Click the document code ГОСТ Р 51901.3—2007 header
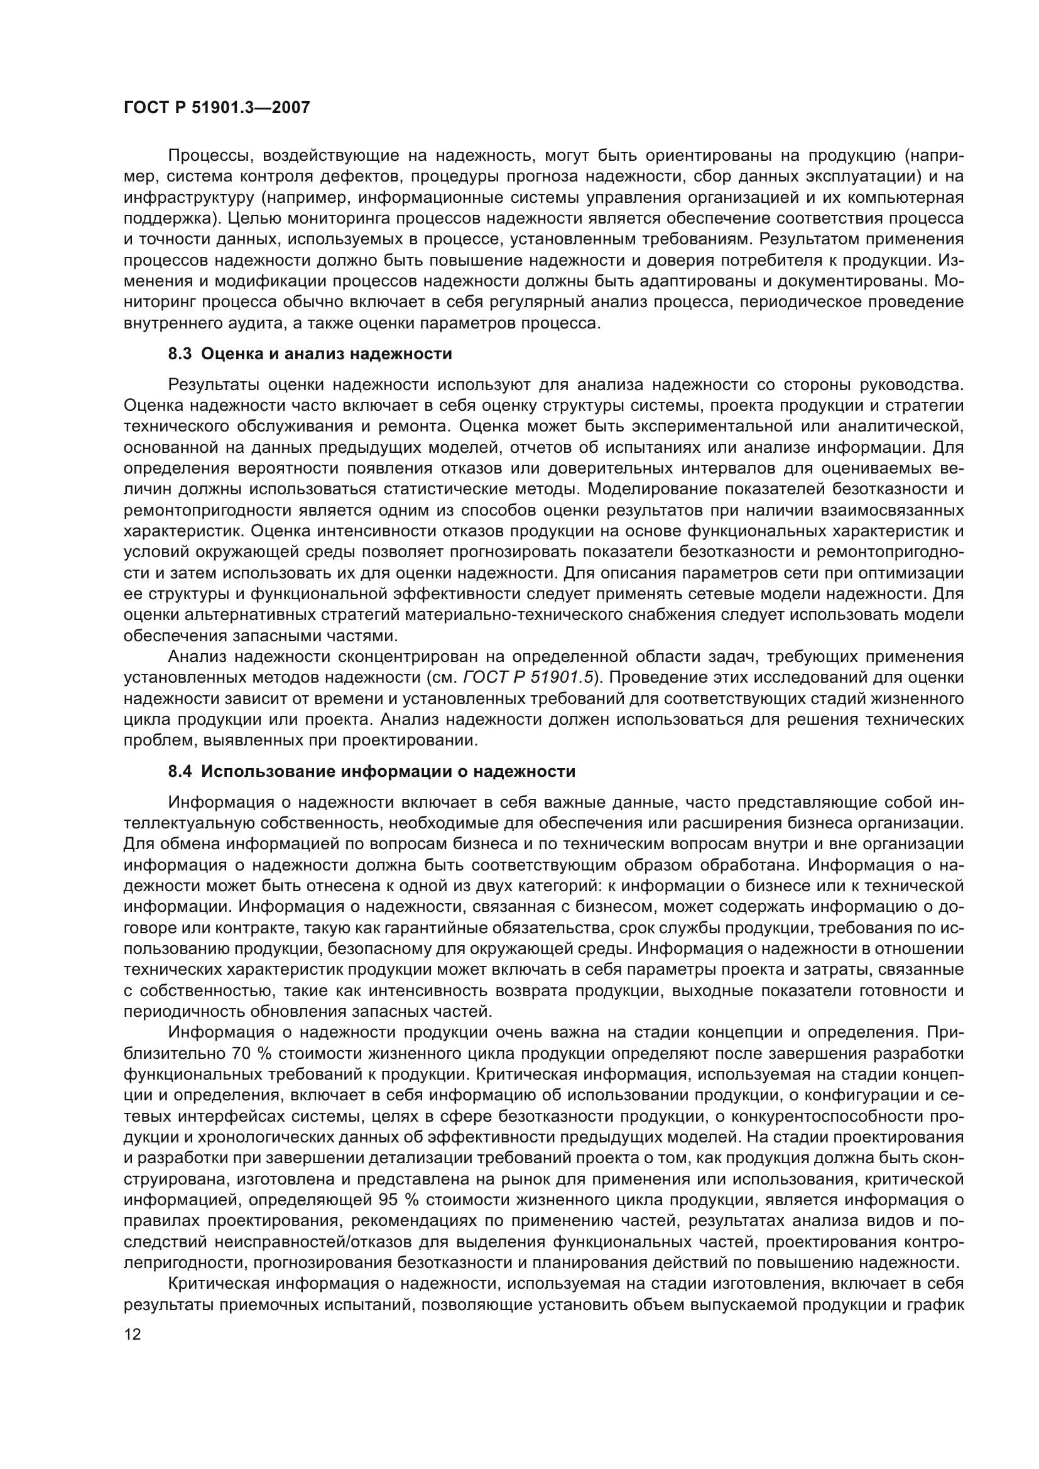click(216, 107)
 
